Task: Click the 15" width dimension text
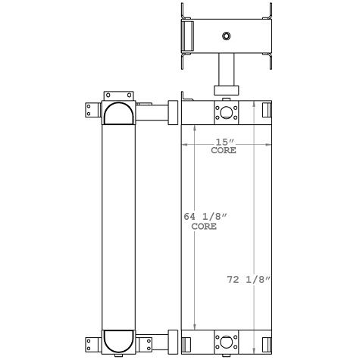223,142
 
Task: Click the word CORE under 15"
223,151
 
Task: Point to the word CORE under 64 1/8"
204,227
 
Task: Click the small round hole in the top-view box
226,36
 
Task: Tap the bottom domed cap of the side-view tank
119,340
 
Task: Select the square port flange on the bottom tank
226,340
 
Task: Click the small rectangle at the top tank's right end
265,111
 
